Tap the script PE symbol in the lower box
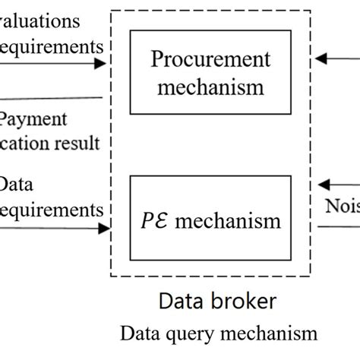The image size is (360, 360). click(x=169, y=220)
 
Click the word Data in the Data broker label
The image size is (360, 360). click(x=179, y=302)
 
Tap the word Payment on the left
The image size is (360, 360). click(x=34, y=119)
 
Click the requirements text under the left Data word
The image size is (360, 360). click(x=52, y=209)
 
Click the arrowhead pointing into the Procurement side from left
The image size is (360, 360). click(x=99, y=64)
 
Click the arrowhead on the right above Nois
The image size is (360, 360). click(x=324, y=185)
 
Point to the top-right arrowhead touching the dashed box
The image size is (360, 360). click(x=322, y=58)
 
